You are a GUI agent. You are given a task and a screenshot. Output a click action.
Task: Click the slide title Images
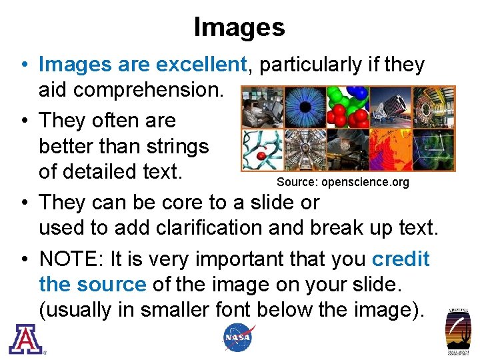point(239,27)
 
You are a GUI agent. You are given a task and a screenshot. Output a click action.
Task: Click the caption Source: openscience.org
point(343,182)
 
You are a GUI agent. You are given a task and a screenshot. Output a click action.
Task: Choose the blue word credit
point(401,258)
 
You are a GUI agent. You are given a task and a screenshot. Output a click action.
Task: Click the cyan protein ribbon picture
point(261,150)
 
